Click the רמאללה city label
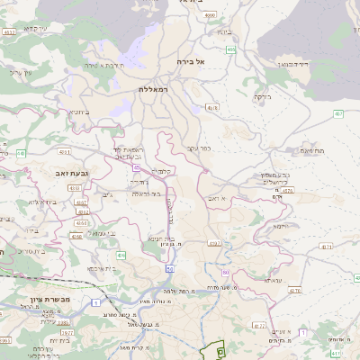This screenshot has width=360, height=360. click(x=155, y=90)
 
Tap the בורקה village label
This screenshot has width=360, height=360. click(x=262, y=95)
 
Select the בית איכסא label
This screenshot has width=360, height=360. click(x=103, y=268)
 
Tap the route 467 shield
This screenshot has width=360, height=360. click(x=338, y=113)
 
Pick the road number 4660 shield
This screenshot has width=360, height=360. click(x=211, y=15)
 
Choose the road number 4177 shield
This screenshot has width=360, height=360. click(x=259, y=326)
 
